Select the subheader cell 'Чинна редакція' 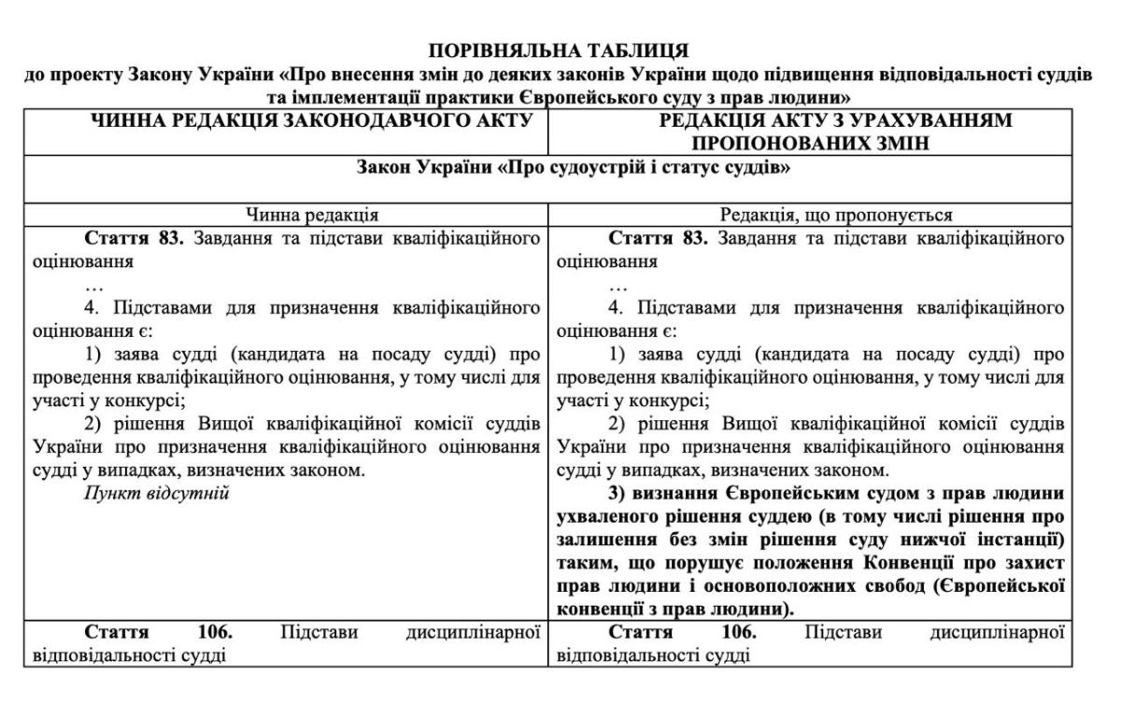click(x=285, y=216)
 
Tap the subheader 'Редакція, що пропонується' click(x=810, y=216)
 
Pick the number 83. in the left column click(x=173, y=238)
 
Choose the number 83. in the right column click(x=696, y=238)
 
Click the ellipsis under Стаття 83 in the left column click(x=93, y=285)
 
